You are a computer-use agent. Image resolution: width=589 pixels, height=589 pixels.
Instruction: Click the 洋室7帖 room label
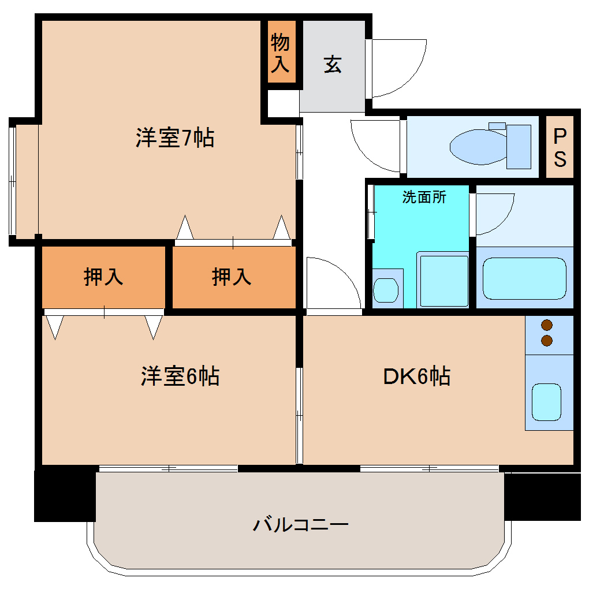(x=175, y=139)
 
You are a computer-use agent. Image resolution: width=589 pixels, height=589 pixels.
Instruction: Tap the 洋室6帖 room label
(x=180, y=376)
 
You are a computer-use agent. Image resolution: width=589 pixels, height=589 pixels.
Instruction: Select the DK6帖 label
(x=417, y=376)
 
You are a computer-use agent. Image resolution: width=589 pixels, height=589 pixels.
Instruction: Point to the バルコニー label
(x=301, y=525)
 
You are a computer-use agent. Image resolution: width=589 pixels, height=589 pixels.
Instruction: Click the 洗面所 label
(x=424, y=197)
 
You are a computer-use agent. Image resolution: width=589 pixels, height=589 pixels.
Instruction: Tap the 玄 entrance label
(x=333, y=64)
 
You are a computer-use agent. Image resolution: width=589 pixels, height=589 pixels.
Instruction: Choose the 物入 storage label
(x=281, y=53)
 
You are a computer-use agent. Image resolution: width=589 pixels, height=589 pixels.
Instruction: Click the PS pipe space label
(x=560, y=147)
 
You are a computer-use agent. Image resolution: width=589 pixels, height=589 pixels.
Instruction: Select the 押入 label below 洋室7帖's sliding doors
(x=232, y=277)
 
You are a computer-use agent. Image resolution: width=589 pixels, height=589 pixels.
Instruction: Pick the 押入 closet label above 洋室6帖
(x=103, y=277)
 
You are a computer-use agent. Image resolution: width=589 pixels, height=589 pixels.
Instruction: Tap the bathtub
(x=524, y=279)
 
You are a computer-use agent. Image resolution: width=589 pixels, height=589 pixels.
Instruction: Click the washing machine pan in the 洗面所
(x=443, y=281)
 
